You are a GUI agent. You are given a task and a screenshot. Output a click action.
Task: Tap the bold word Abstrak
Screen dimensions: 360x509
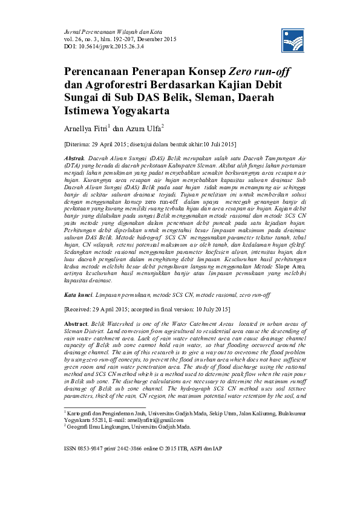76,156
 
